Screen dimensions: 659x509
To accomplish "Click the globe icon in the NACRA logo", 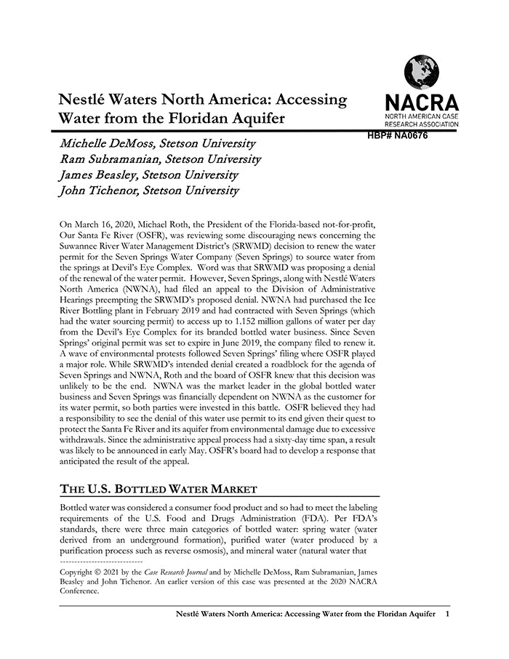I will click(422, 72).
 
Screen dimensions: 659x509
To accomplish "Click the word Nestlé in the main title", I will click(83, 100).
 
